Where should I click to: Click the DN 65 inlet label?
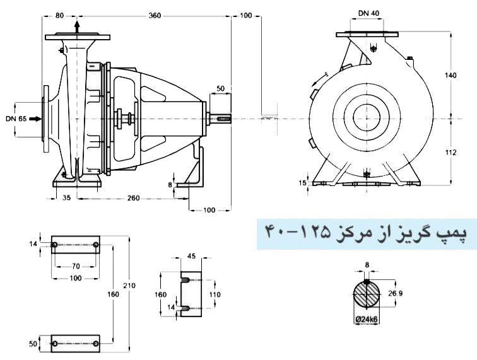pos(16,118)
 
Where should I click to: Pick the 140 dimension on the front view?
pos(450,75)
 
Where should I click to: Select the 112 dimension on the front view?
pos(450,153)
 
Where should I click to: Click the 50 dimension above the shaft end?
pos(220,89)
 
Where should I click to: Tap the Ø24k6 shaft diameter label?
pos(367,320)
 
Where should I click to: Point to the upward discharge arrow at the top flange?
pos(77,26)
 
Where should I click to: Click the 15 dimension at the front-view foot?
pos(303,182)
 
